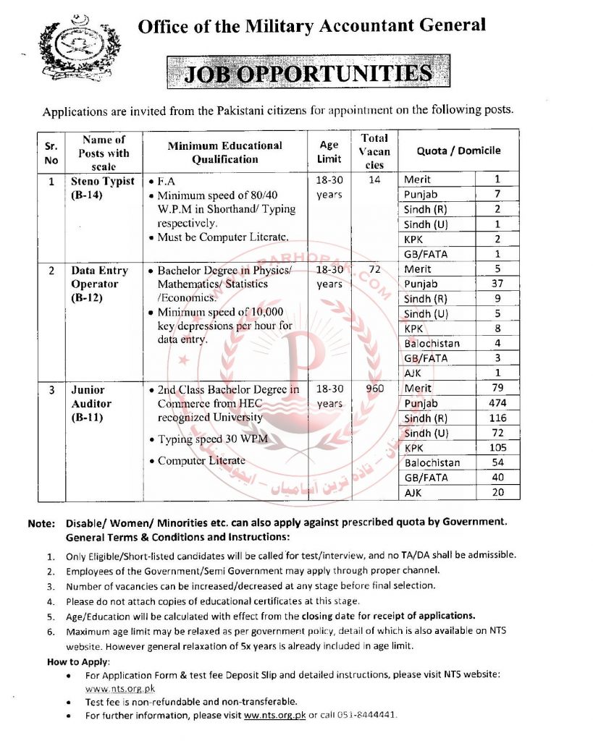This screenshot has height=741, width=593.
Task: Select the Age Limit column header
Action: point(329,152)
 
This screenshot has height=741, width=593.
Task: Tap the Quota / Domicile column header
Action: point(458,151)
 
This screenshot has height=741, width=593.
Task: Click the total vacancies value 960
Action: point(374,389)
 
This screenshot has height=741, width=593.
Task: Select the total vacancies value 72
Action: point(374,270)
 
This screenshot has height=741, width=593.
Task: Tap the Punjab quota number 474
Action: point(497,403)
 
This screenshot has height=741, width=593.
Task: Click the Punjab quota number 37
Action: point(497,284)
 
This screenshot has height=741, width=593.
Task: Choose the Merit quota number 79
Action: point(497,389)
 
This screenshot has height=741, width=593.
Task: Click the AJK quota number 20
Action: point(497,492)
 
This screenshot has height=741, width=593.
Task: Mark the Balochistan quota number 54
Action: point(497,462)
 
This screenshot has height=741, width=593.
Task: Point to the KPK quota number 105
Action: point(497,448)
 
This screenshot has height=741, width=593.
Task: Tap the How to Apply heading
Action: point(78,662)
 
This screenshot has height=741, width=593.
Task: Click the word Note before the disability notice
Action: point(41,522)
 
